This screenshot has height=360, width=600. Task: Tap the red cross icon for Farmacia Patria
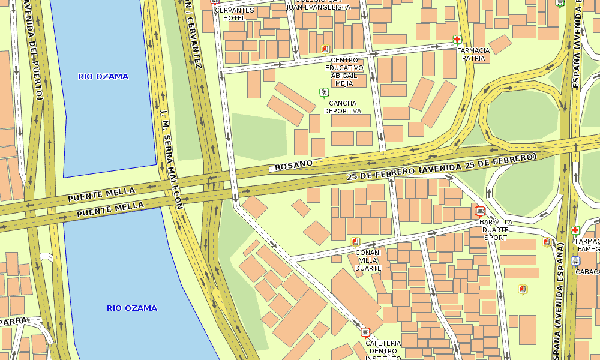(x=457, y=40)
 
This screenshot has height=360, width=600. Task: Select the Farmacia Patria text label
(x=473, y=55)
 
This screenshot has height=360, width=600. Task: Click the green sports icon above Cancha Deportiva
(x=324, y=92)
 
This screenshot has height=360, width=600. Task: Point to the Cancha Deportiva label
(x=343, y=107)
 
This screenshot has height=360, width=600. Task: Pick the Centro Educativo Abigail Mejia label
(x=344, y=71)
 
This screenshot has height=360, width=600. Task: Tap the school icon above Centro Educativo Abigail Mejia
(x=325, y=49)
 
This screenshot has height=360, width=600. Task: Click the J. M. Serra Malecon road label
(x=172, y=159)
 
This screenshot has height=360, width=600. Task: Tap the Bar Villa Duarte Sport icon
(x=479, y=211)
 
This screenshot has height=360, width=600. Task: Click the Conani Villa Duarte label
(x=368, y=260)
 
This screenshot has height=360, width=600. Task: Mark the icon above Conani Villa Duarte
(x=355, y=242)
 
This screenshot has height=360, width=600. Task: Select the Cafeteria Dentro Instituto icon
(x=365, y=332)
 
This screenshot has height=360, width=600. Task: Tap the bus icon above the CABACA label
(x=575, y=261)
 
